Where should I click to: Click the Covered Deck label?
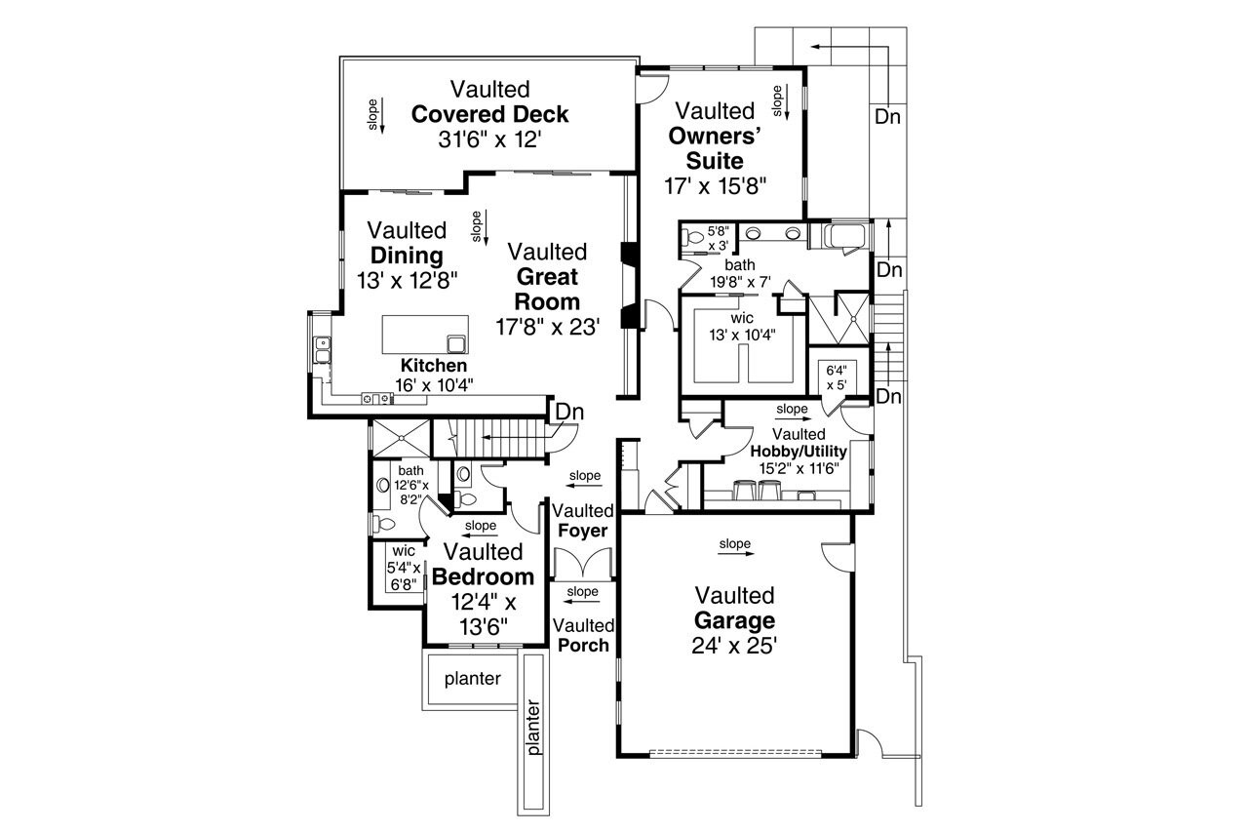489,114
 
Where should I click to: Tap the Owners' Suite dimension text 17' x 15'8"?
717,185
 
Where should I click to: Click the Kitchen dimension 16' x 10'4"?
433,384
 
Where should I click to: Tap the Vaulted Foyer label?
583,521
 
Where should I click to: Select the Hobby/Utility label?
799,452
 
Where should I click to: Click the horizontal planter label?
472,679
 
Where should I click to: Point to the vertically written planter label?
532,727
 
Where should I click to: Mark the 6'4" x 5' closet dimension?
837,376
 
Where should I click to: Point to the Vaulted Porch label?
583,635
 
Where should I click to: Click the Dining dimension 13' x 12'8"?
407,279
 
